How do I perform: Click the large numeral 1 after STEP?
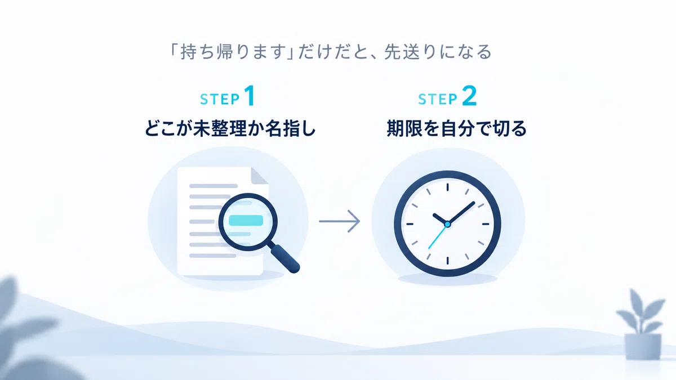tap(250, 96)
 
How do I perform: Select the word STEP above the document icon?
tap(220, 99)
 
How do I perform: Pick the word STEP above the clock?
tap(438, 99)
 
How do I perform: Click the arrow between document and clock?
tap(340, 221)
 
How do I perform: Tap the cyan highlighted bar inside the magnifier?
tap(246, 221)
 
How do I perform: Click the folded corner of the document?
tap(260, 176)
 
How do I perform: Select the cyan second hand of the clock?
tap(438, 236)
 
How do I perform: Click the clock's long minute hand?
tap(461, 213)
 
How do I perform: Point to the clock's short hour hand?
tap(441, 219)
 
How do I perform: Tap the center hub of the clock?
tap(447, 225)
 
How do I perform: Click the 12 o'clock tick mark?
tap(447, 187)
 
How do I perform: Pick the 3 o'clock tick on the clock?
tap(485, 224)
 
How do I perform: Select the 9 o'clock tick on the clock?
tap(410, 224)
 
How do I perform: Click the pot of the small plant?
tap(643, 347)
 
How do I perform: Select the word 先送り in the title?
tap(410, 52)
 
